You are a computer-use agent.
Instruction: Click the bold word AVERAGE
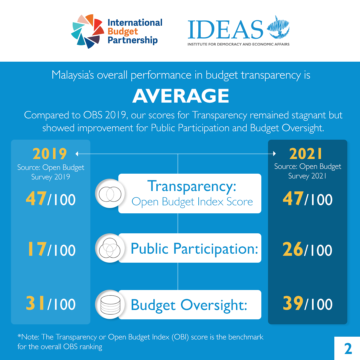tap(180, 96)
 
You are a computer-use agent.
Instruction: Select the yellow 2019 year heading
tap(50, 154)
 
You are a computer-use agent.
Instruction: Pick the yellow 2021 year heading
tap(306, 154)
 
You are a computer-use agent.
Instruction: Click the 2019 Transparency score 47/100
tap(51, 200)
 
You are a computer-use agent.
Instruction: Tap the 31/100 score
tap(51, 304)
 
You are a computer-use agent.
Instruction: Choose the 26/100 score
tap(307, 250)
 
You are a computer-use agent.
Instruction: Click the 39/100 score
tap(307, 304)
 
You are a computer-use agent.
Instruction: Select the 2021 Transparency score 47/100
tap(307, 200)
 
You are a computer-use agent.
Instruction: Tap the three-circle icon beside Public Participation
tap(110, 248)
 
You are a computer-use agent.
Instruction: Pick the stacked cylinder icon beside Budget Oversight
tap(110, 305)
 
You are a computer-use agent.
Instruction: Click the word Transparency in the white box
tap(191, 186)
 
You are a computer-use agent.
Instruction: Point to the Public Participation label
tap(194, 248)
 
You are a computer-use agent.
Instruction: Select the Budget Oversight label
tap(189, 305)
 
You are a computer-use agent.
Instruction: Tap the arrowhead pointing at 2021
tap(274, 154)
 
